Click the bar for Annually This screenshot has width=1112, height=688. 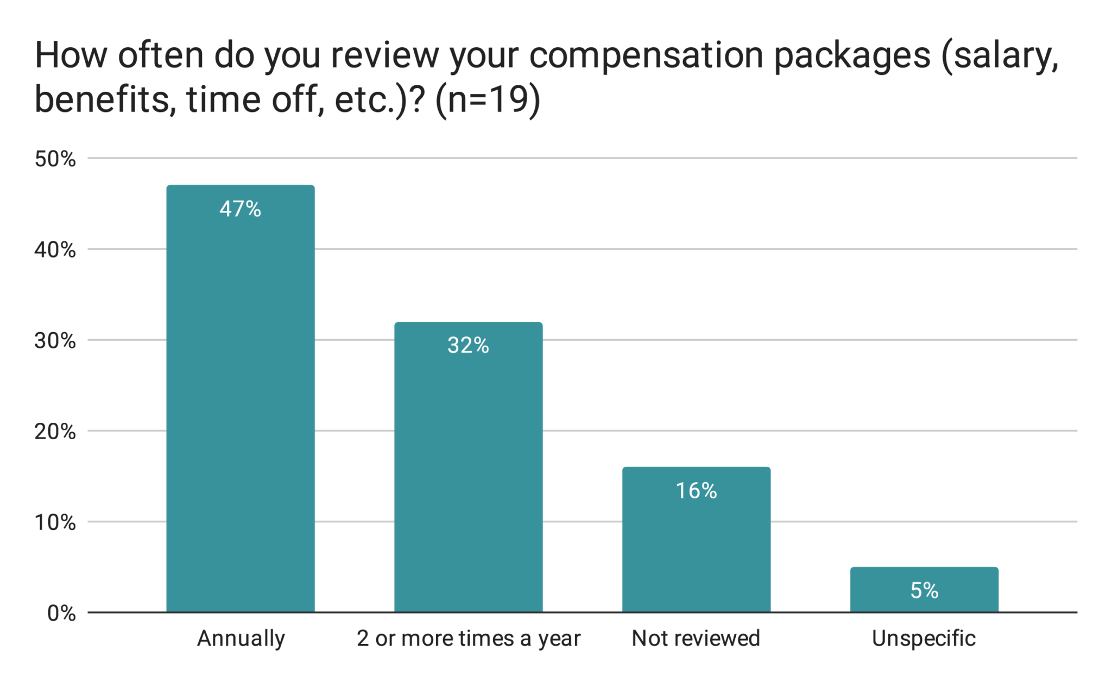pos(241,408)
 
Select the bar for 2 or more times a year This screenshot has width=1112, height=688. pos(468,473)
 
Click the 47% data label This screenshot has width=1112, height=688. pos(240,209)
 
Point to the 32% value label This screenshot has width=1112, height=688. pos(468,346)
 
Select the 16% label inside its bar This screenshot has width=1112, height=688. pos(696,491)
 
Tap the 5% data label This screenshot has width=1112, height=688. pos(924,591)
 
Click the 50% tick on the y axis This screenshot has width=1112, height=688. pos(55,159)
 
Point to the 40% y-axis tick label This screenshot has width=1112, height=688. pos(55,250)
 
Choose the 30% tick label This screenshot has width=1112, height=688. pos(55,341)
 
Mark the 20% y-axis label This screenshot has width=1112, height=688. pos(55,431)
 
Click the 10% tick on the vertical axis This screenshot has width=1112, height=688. pos(55,522)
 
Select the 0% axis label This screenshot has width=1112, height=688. pos(61,613)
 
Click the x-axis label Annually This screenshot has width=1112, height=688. pos(241,639)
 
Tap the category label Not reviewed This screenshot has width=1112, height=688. pos(696,639)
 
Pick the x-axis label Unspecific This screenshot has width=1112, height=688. pos(924,639)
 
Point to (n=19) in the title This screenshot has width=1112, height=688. pos(487,100)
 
